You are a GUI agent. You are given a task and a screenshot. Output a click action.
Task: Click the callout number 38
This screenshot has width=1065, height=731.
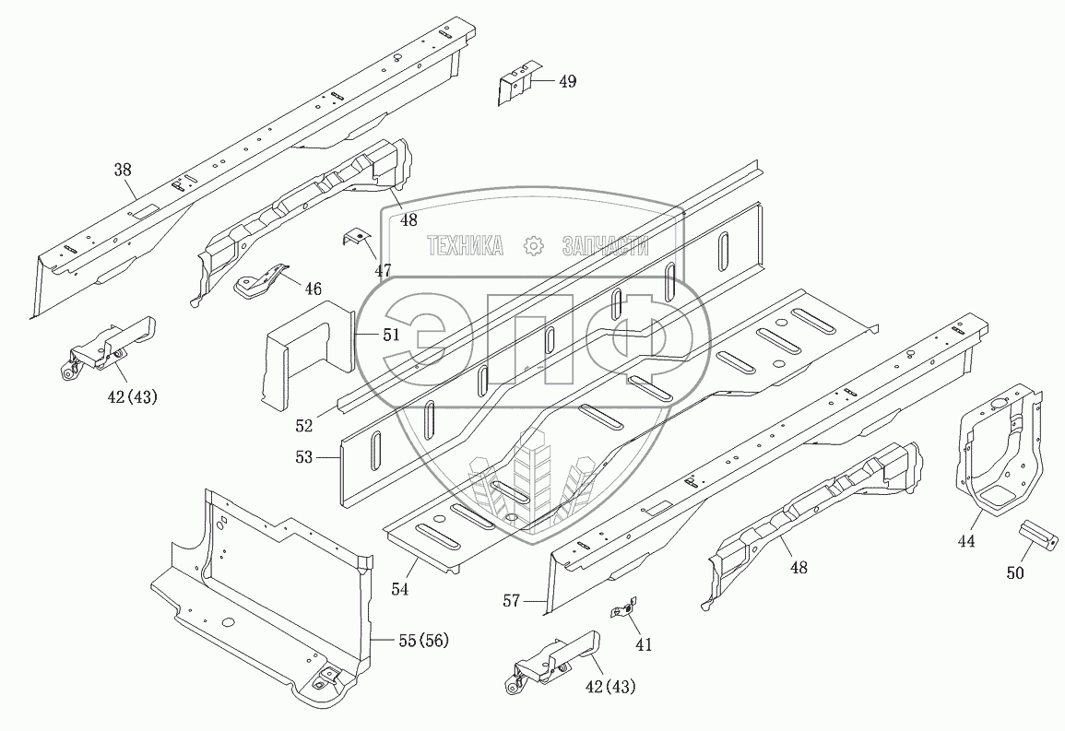click(x=123, y=170)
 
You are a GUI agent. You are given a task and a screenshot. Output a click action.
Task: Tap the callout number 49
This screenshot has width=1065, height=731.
click(x=567, y=81)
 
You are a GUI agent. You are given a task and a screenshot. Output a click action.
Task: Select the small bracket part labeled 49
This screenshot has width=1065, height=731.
click(x=518, y=83)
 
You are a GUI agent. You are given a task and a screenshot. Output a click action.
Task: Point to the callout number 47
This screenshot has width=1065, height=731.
click(x=383, y=270)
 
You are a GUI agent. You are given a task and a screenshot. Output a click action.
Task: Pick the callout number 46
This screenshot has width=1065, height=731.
click(x=314, y=289)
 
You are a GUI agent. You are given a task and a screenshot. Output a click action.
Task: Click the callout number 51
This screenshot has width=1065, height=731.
click(x=391, y=336)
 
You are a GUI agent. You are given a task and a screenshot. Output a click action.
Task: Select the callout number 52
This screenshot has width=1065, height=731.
click(x=304, y=426)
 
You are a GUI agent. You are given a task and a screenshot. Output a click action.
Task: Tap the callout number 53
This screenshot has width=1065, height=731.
click(x=304, y=456)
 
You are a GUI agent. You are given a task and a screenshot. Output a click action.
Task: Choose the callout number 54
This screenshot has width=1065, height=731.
click(x=399, y=587)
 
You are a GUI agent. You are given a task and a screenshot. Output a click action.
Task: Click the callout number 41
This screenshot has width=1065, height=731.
click(x=643, y=645)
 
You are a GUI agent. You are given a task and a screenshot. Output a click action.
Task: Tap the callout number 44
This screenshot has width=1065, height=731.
click(x=965, y=541)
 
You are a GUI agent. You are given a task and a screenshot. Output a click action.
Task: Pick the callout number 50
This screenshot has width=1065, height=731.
click(x=1014, y=572)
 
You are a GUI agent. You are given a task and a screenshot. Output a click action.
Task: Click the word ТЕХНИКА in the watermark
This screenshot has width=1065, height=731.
click(x=465, y=245)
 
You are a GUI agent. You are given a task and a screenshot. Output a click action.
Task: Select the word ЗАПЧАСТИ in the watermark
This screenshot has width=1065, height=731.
click(x=604, y=245)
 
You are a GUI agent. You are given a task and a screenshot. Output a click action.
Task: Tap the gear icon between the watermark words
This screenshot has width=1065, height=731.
click(x=532, y=245)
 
